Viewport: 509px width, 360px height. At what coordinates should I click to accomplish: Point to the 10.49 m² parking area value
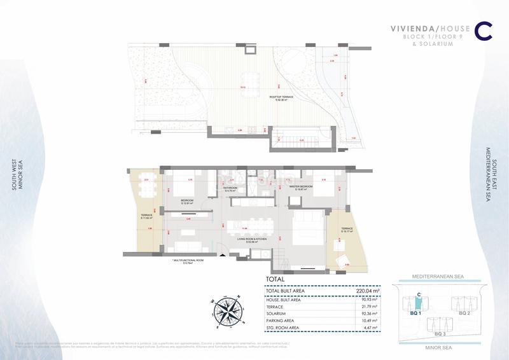tap(367, 321)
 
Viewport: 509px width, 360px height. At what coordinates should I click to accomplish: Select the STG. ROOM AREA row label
tap(284, 328)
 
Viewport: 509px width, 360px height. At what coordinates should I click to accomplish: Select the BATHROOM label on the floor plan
tap(230, 188)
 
